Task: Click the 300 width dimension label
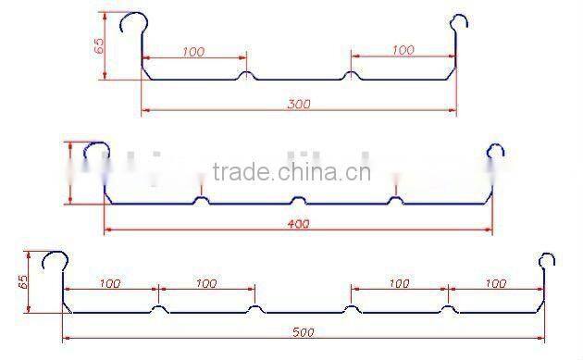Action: (x=298, y=105)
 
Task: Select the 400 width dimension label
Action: (x=298, y=223)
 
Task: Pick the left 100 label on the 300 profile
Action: (x=192, y=52)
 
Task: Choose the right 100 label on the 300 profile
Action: (x=403, y=50)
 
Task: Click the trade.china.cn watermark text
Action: (x=291, y=172)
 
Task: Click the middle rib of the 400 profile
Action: (x=298, y=199)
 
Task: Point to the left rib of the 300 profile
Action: (x=245, y=76)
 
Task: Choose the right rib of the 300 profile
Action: (x=351, y=76)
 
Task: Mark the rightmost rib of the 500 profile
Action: (x=447, y=308)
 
